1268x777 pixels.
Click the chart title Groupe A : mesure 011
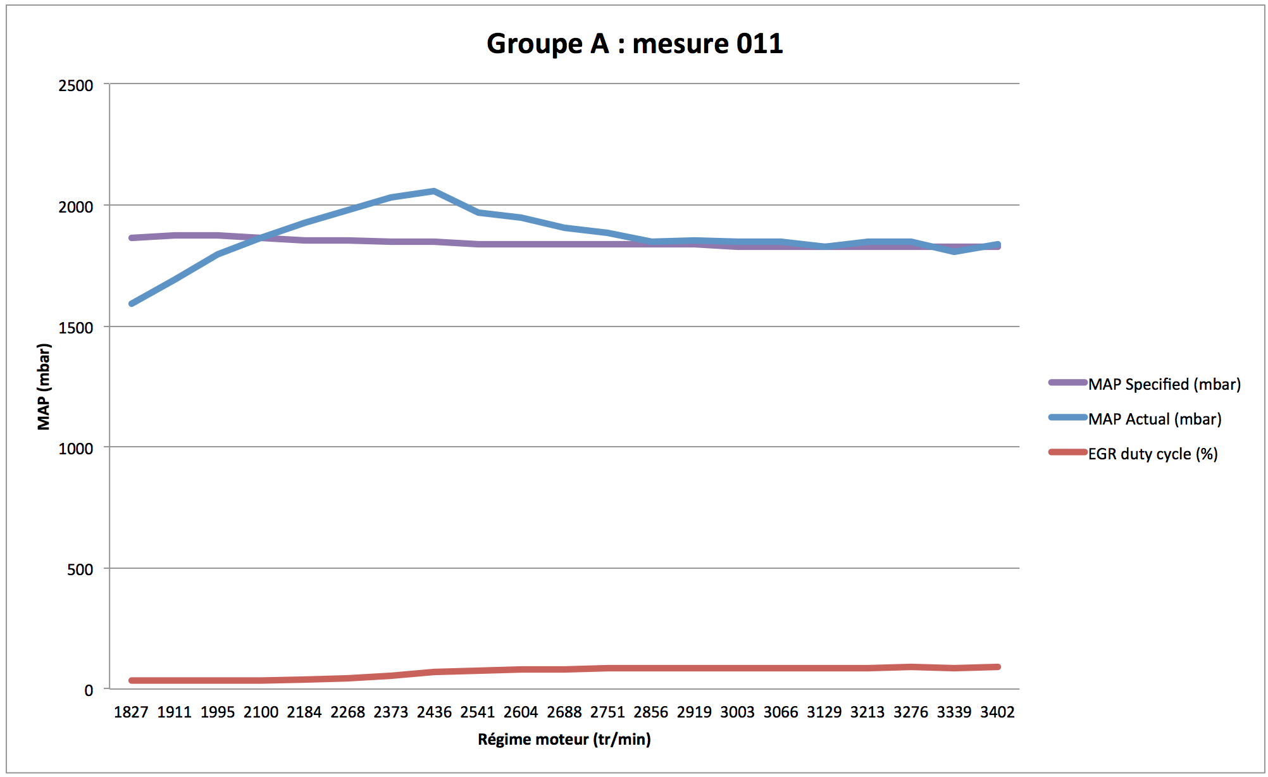pyautogui.click(x=634, y=44)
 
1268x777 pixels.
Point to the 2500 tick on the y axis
pyautogui.click(x=75, y=85)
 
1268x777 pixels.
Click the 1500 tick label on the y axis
pyautogui.click(x=75, y=328)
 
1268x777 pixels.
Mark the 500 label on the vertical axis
pyautogui.click(x=80, y=569)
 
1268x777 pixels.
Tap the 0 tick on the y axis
pyautogui.click(x=89, y=690)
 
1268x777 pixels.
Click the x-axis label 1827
pyautogui.click(x=131, y=712)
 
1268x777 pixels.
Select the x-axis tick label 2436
pyautogui.click(x=434, y=712)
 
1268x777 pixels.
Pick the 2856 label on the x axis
pyautogui.click(x=650, y=712)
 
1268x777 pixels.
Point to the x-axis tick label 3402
pyautogui.click(x=997, y=712)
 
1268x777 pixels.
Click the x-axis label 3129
pyautogui.click(x=824, y=712)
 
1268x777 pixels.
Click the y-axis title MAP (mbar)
pyautogui.click(x=44, y=387)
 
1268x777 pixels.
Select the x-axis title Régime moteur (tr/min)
pyautogui.click(x=564, y=739)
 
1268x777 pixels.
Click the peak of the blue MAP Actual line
pyautogui.click(x=434, y=190)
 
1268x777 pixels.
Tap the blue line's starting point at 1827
pyautogui.click(x=132, y=304)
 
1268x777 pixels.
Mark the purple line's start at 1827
pyautogui.click(x=132, y=238)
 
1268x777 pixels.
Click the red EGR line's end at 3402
pyautogui.click(x=998, y=667)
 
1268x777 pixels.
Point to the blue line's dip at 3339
pyautogui.click(x=954, y=251)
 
